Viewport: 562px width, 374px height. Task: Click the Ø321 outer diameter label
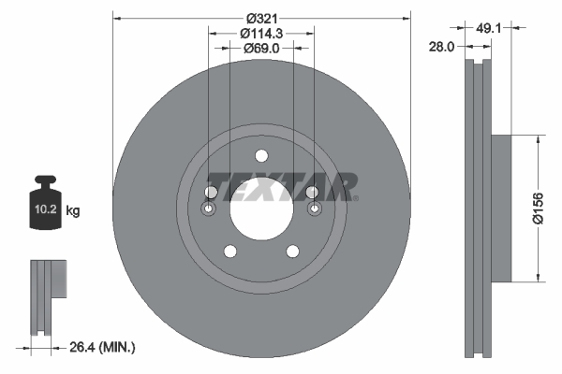coord(262,18)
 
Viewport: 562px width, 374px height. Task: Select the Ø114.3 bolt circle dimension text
coord(262,33)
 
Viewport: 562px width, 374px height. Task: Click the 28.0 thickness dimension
coord(443,45)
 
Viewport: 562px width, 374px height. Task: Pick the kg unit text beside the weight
coord(73,211)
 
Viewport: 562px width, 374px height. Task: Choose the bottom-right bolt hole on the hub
coord(292,251)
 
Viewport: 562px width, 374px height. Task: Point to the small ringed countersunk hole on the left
coord(210,209)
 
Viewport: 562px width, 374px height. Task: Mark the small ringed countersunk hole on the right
coord(313,209)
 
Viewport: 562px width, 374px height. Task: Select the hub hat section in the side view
coord(501,208)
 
